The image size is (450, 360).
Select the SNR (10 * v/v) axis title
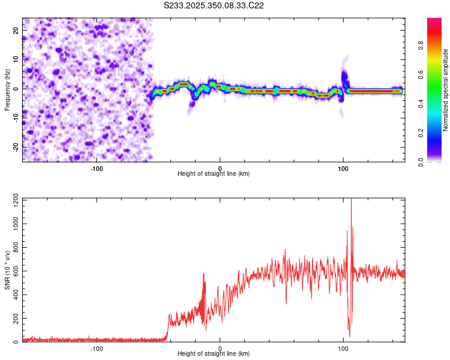point(7,271)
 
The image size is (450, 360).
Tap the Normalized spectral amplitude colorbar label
point(446,90)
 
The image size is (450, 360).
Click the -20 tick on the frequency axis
point(16,147)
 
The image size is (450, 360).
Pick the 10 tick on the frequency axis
point(17,59)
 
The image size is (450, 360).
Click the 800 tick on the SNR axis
point(14,247)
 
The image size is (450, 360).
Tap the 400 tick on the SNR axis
point(14,295)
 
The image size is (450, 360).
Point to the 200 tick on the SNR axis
point(14,319)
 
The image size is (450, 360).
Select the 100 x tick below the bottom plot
point(343,348)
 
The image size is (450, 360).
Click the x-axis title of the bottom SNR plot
point(214,354)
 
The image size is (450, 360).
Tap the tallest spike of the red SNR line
point(351,201)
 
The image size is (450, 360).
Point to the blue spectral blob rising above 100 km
point(344,77)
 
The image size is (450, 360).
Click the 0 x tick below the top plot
point(220,168)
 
